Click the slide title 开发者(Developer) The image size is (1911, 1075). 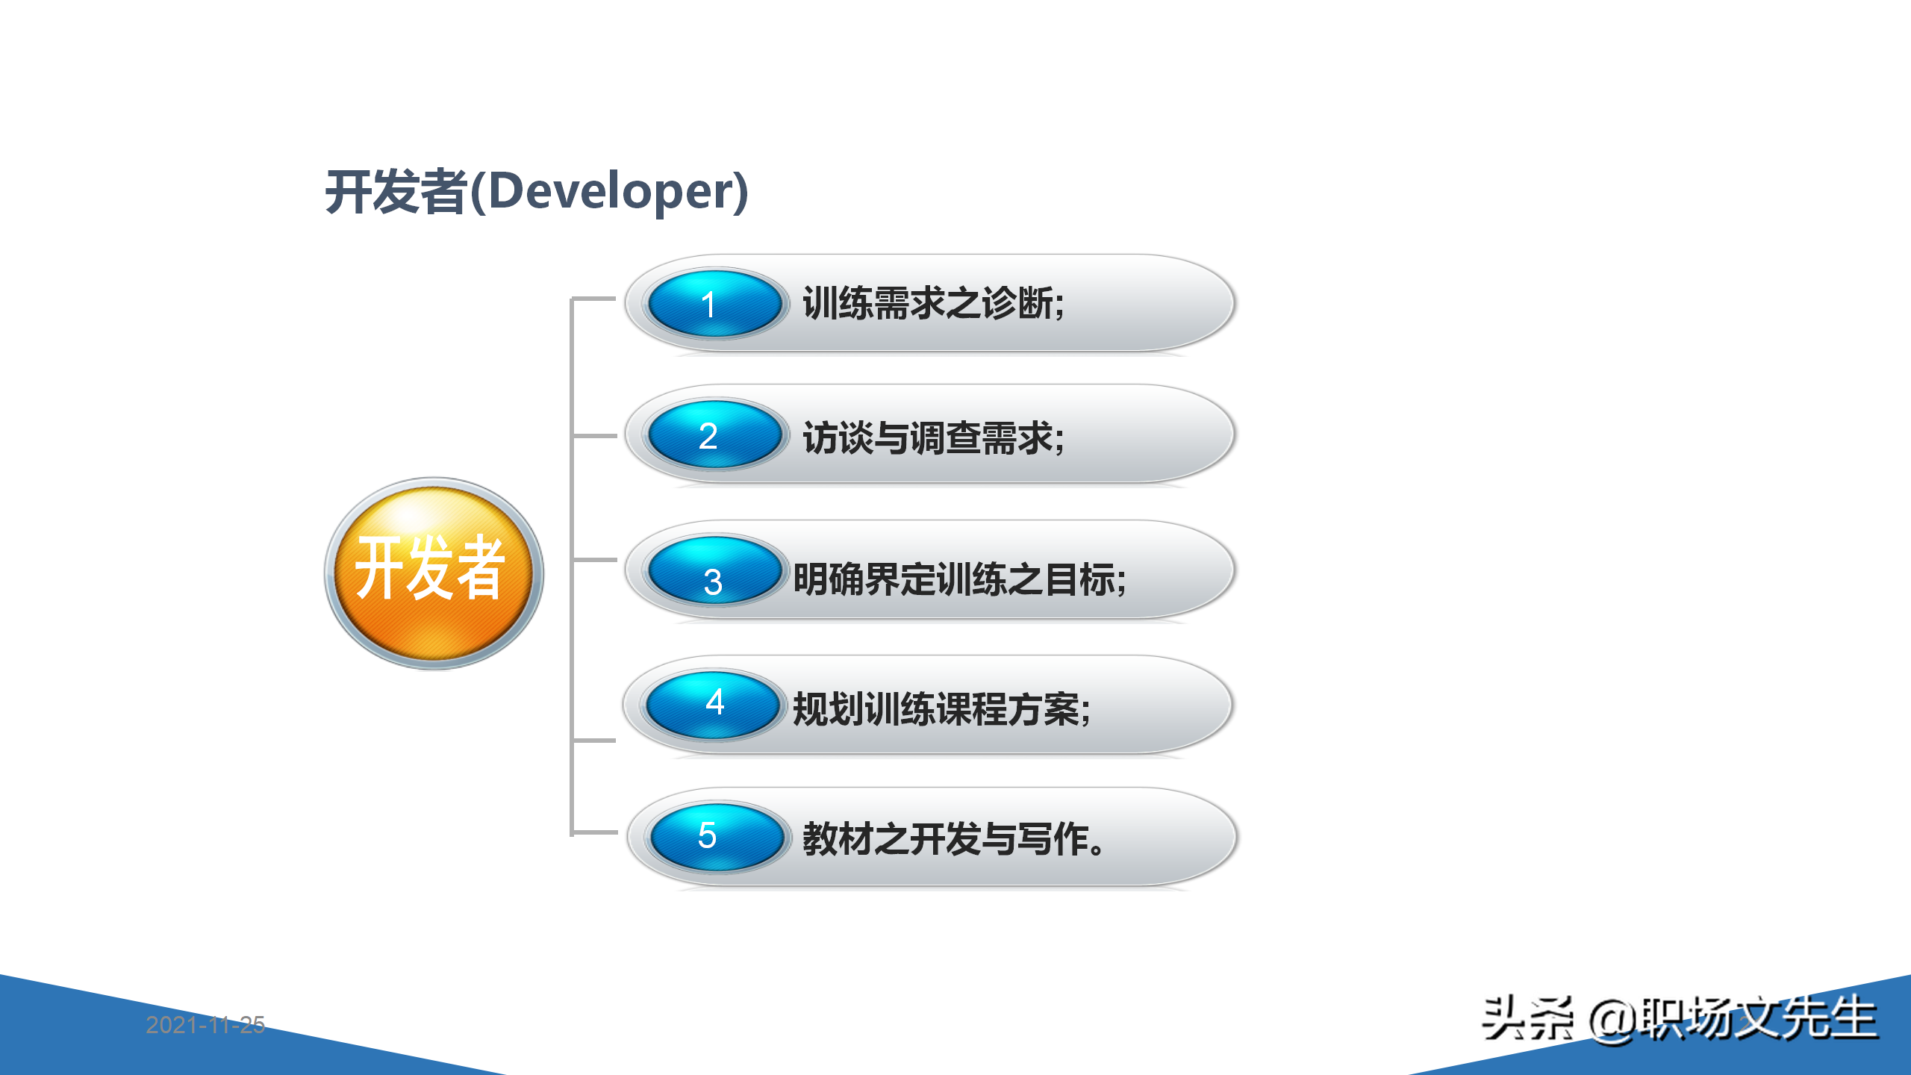click(x=536, y=192)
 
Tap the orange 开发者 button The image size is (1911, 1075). click(x=434, y=573)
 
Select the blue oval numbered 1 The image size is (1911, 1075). click(x=714, y=304)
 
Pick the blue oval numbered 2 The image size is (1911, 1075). click(x=714, y=434)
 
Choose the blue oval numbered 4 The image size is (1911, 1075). click(x=713, y=705)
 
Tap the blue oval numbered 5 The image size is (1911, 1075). click(x=716, y=836)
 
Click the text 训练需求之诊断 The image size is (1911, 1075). click(x=933, y=304)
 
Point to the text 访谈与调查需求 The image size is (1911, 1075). click(x=933, y=437)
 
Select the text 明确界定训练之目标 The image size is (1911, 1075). click(x=959, y=579)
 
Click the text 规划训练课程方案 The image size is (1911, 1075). click(x=941, y=709)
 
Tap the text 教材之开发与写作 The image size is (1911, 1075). click(x=953, y=839)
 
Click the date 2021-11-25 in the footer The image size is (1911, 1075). click(x=205, y=1025)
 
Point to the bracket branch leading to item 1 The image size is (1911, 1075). click(x=594, y=299)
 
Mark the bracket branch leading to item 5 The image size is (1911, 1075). click(x=594, y=832)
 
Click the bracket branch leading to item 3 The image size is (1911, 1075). click(x=594, y=559)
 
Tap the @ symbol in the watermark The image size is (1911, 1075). click(x=1612, y=1021)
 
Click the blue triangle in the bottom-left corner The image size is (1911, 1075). click(x=112, y=1045)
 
